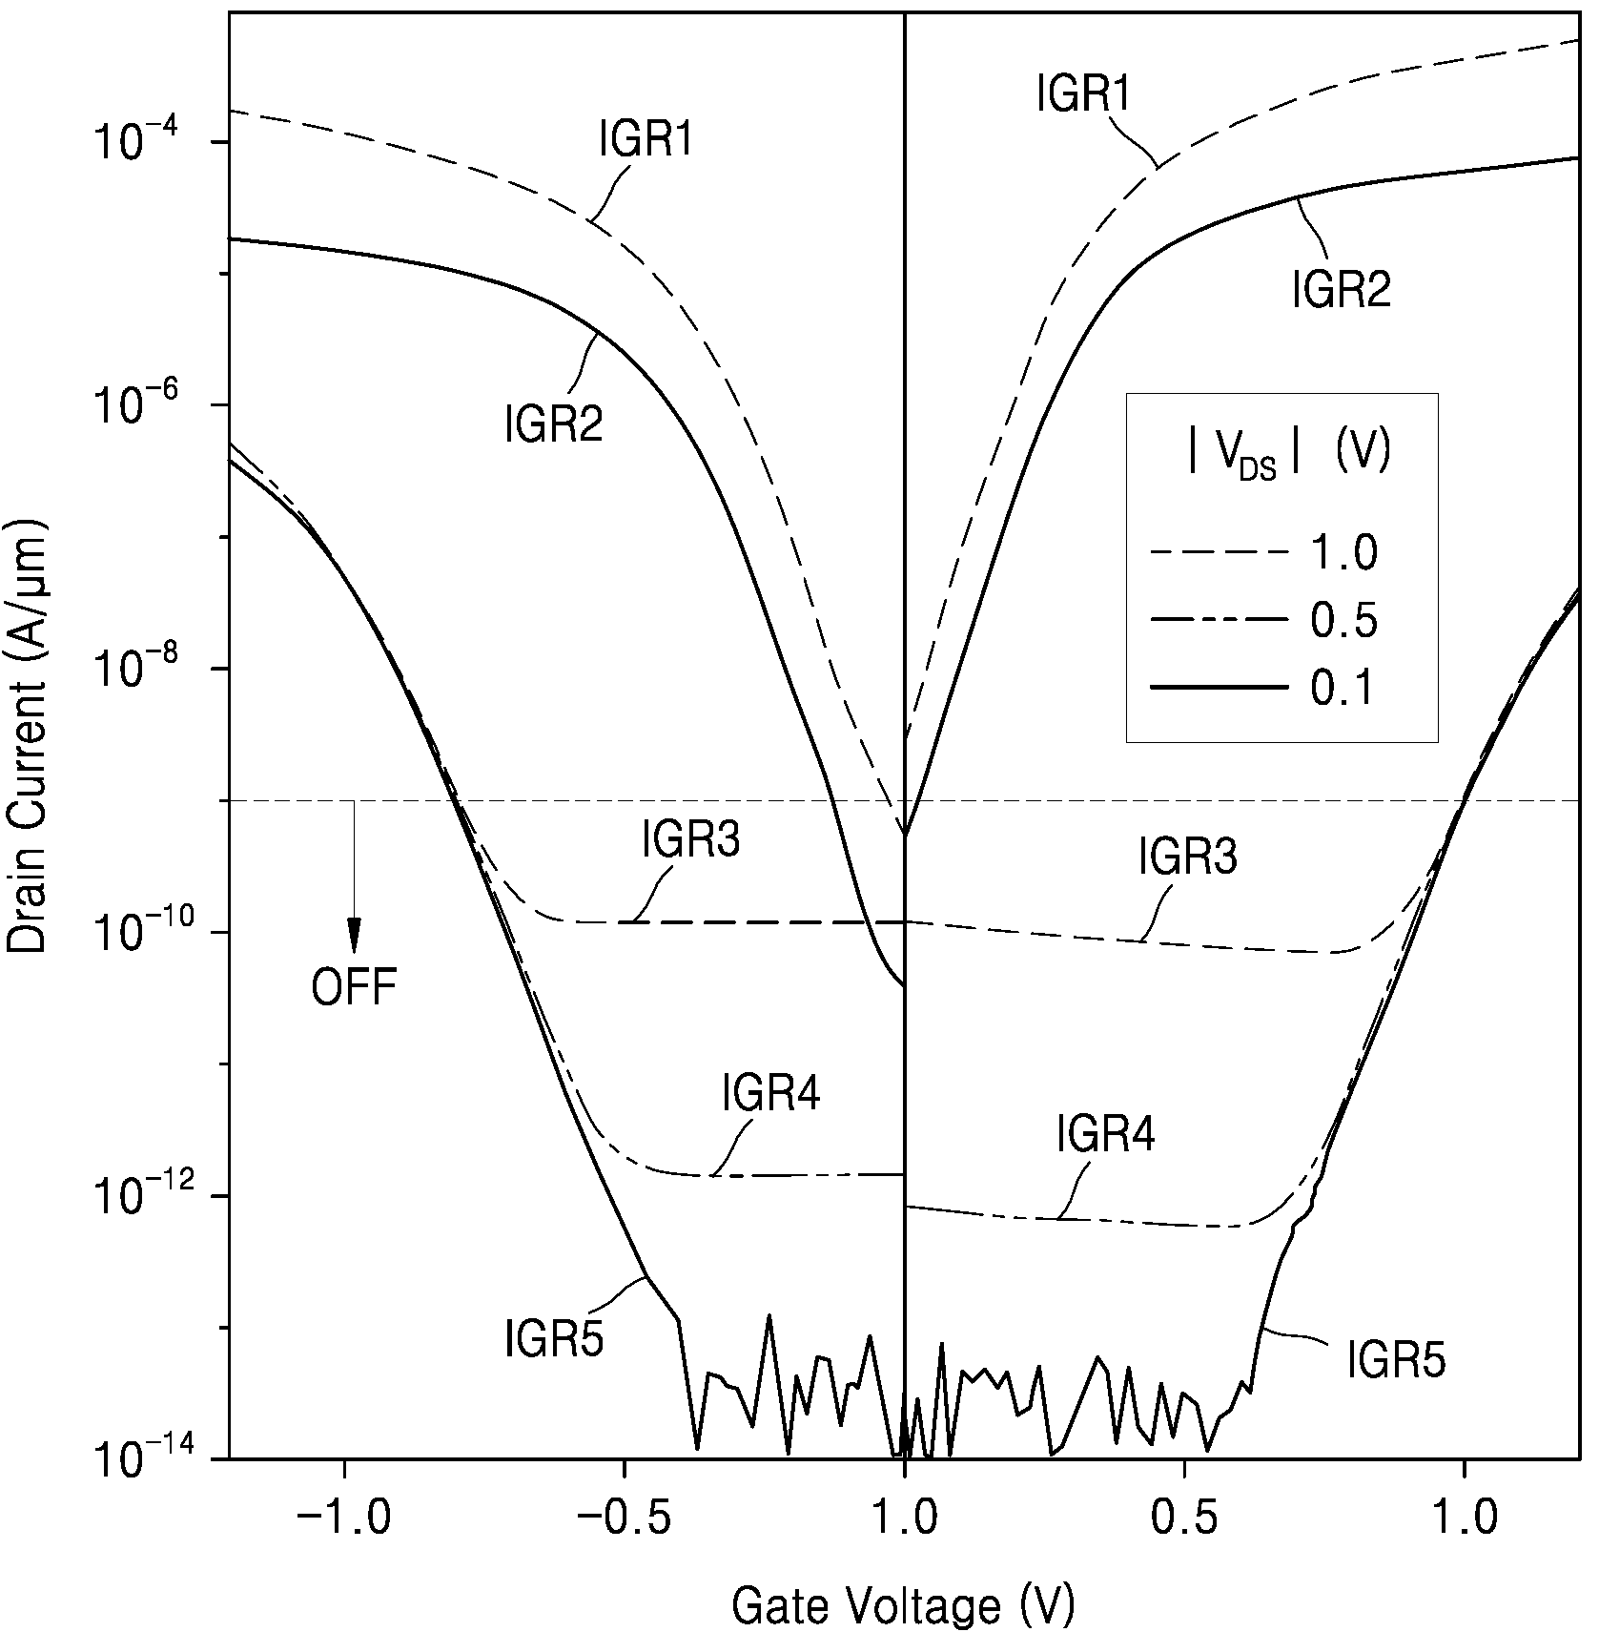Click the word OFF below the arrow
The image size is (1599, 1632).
(354, 987)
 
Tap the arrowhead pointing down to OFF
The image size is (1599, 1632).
(354, 935)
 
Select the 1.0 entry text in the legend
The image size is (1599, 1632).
(1343, 552)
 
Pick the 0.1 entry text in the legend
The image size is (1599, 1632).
(1343, 688)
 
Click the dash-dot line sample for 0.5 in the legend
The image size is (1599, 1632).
(1220, 621)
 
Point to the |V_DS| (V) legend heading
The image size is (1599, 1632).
(1288, 452)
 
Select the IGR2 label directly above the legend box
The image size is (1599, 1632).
(1342, 289)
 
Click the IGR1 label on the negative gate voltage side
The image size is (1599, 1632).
(646, 139)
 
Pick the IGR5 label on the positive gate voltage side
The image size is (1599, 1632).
(1396, 1359)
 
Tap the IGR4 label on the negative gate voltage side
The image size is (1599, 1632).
(770, 1093)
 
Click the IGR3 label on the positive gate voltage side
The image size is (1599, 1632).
(1188, 857)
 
